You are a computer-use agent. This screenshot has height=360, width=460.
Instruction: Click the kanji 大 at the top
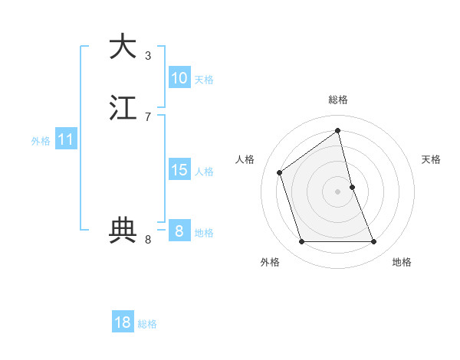click(123, 46)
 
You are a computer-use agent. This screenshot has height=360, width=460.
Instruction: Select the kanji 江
click(123, 107)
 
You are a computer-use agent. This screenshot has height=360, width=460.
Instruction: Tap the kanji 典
click(123, 229)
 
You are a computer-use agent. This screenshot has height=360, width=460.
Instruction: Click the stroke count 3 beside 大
click(148, 55)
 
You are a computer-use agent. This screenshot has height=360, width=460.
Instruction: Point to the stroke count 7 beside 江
click(148, 116)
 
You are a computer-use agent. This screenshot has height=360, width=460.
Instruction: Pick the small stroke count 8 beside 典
click(148, 240)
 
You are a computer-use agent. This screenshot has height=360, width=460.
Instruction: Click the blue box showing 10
click(179, 78)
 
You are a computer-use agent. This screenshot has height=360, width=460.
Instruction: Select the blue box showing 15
click(179, 170)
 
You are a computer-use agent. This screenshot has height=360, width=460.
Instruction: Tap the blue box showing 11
click(66, 139)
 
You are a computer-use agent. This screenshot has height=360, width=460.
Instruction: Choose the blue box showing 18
click(123, 322)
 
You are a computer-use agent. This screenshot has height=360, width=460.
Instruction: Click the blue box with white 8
click(179, 231)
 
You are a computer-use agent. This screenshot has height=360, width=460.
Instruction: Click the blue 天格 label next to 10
click(204, 80)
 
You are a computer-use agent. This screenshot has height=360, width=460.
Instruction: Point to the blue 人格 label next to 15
click(204, 172)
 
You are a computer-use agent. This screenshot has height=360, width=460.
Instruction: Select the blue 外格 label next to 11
click(41, 141)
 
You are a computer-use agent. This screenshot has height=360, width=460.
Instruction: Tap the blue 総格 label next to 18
click(147, 324)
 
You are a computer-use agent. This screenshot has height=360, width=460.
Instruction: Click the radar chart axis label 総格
click(338, 100)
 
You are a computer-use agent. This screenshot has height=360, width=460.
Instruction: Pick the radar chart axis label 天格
click(432, 159)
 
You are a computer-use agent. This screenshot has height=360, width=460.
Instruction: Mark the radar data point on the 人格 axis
click(280, 172)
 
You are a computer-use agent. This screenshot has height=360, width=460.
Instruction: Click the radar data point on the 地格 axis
click(374, 242)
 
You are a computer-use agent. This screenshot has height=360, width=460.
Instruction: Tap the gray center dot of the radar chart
click(338, 191)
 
